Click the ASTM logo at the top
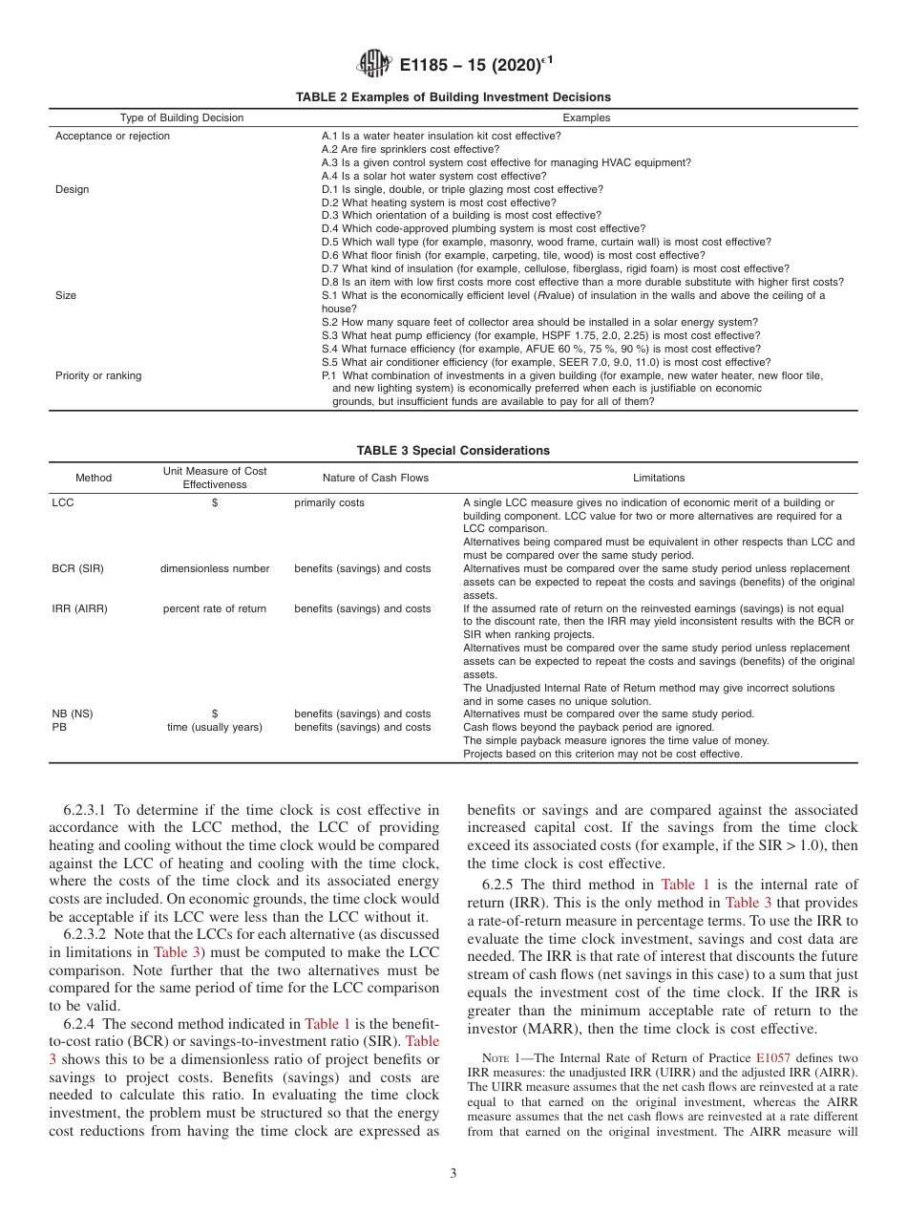tap(373, 65)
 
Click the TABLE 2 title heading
tap(453, 97)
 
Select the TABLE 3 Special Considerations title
tap(453, 451)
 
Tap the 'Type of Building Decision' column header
tap(181, 117)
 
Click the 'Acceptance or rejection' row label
tap(113, 137)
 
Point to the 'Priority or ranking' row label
tap(98, 375)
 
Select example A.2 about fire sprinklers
tap(411, 149)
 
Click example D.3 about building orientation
tap(461, 216)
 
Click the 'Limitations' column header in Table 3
tap(659, 478)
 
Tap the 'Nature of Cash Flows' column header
tap(362, 478)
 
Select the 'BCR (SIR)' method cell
tap(77, 568)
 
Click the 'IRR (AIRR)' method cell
tap(80, 608)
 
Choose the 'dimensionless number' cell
tap(215, 568)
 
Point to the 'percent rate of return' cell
tap(215, 608)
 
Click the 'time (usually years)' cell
tap(215, 727)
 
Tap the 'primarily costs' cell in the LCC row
tap(329, 502)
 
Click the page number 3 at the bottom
tap(453, 1174)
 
